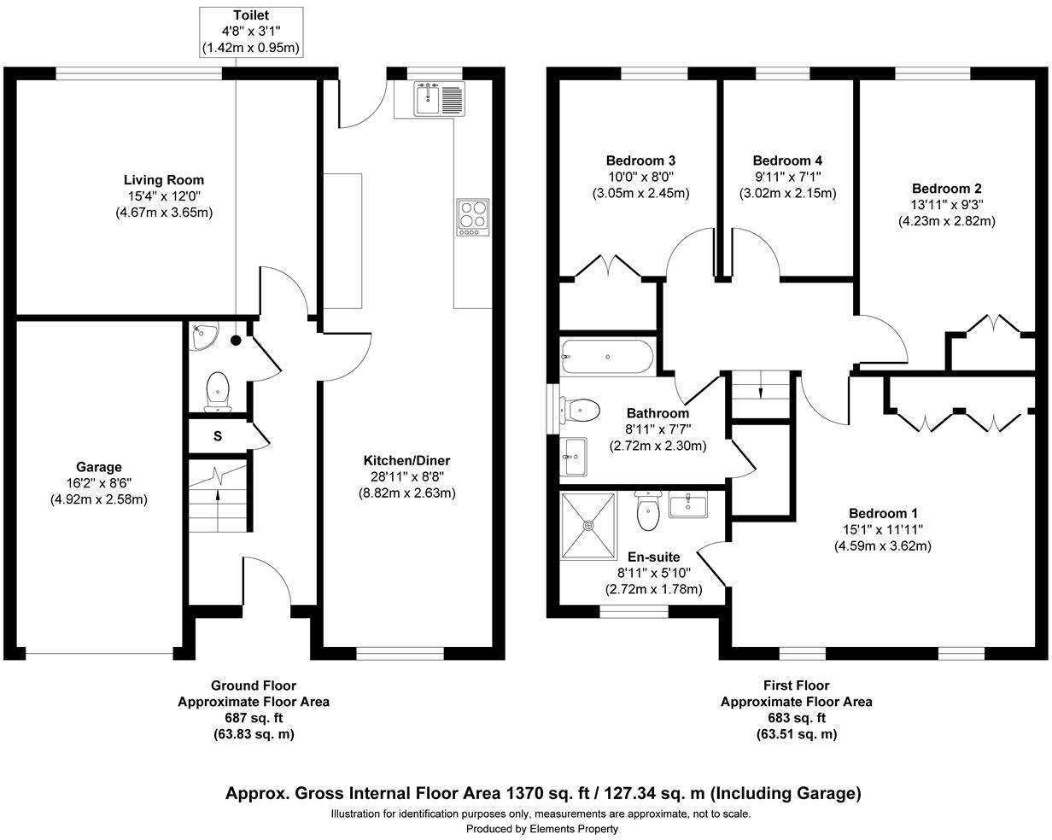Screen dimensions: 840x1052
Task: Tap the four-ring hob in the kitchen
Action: pos(472,217)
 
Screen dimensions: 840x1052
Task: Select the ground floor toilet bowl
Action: pos(218,390)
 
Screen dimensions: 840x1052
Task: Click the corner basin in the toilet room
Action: pos(204,335)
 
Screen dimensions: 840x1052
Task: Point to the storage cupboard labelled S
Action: pos(218,436)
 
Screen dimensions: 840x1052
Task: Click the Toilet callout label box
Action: pos(250,32)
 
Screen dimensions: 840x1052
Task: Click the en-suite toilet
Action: pos(648,511)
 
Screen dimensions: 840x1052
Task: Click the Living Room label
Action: pos(164,180)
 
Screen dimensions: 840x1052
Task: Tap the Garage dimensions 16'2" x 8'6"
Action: pos(99,483)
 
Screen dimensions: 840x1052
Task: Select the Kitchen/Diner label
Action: pos(406,461)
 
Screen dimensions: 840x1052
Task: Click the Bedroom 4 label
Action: pos(787,160)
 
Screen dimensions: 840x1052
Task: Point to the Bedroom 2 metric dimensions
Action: pos(946,221)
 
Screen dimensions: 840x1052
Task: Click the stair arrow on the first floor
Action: pos(761,390)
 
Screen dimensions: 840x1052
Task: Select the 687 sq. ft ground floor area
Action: pos(254,718)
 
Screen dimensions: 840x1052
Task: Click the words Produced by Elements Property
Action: pos(541,828)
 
